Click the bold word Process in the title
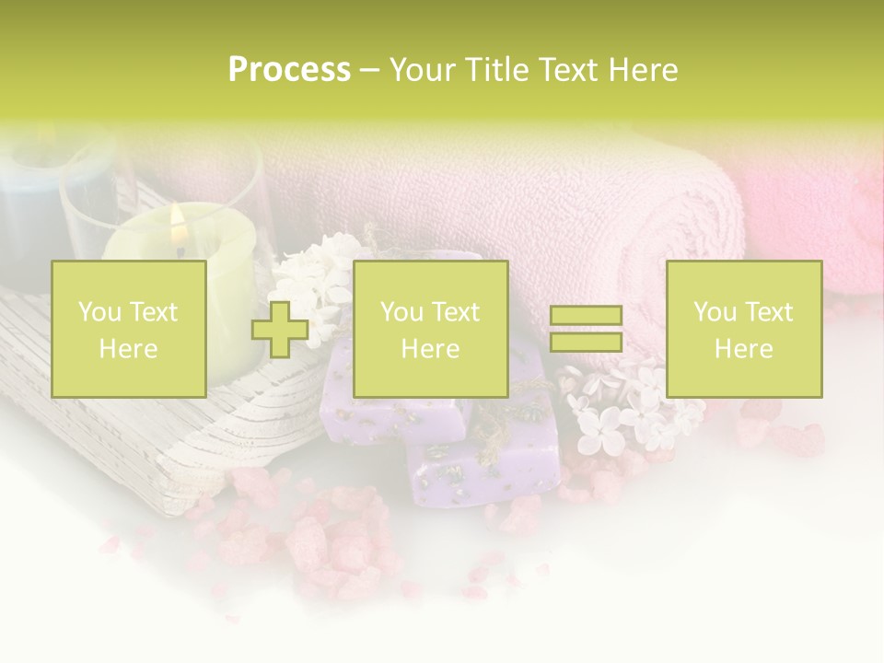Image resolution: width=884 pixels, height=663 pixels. coord(289,70)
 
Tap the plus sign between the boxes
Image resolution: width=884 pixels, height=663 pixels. coord(281,330)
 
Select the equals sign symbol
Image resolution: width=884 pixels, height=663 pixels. coord(586,329)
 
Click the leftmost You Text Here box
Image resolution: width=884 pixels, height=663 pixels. coord(128,330)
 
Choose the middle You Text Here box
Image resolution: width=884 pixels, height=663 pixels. coord(430,330)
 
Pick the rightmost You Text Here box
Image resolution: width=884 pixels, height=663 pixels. coord(743,330)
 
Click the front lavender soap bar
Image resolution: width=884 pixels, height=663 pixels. coord(483,465)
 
